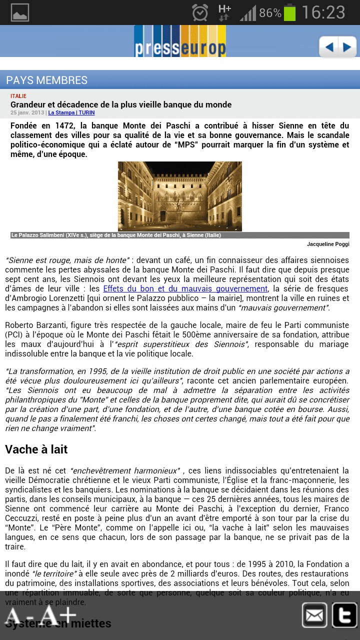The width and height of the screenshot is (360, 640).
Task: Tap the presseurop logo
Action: tap(180, 41)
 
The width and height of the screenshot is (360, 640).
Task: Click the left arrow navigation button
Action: tap(328, 47)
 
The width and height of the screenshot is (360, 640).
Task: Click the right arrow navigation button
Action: tap(346, 47)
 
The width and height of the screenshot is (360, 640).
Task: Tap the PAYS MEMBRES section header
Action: tap(47, 80)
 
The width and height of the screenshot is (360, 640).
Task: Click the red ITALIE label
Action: tap(18, 96)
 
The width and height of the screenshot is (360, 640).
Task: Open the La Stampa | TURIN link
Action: tap(71, 113)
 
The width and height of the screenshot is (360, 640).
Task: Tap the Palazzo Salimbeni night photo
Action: tap(180, 196)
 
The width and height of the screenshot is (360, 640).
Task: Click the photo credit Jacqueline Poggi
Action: tap(328, 244)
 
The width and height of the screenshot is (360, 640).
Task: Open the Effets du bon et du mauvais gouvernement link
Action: tap(185, 289)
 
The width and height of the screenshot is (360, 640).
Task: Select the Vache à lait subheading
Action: tap(36, 449)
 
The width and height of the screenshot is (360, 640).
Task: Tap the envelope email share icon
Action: tap(314, 615)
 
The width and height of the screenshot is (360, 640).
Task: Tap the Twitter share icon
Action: tap(344, 615)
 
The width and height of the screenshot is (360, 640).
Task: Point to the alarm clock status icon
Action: tap(200, 12)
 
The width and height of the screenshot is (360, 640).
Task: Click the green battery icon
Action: tap(289, 12)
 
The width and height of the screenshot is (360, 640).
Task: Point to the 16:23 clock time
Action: tap(323, 12)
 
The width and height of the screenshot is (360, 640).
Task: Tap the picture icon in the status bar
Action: tap(20, 12)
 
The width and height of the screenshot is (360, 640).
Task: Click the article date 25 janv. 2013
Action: tap(27, 113)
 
